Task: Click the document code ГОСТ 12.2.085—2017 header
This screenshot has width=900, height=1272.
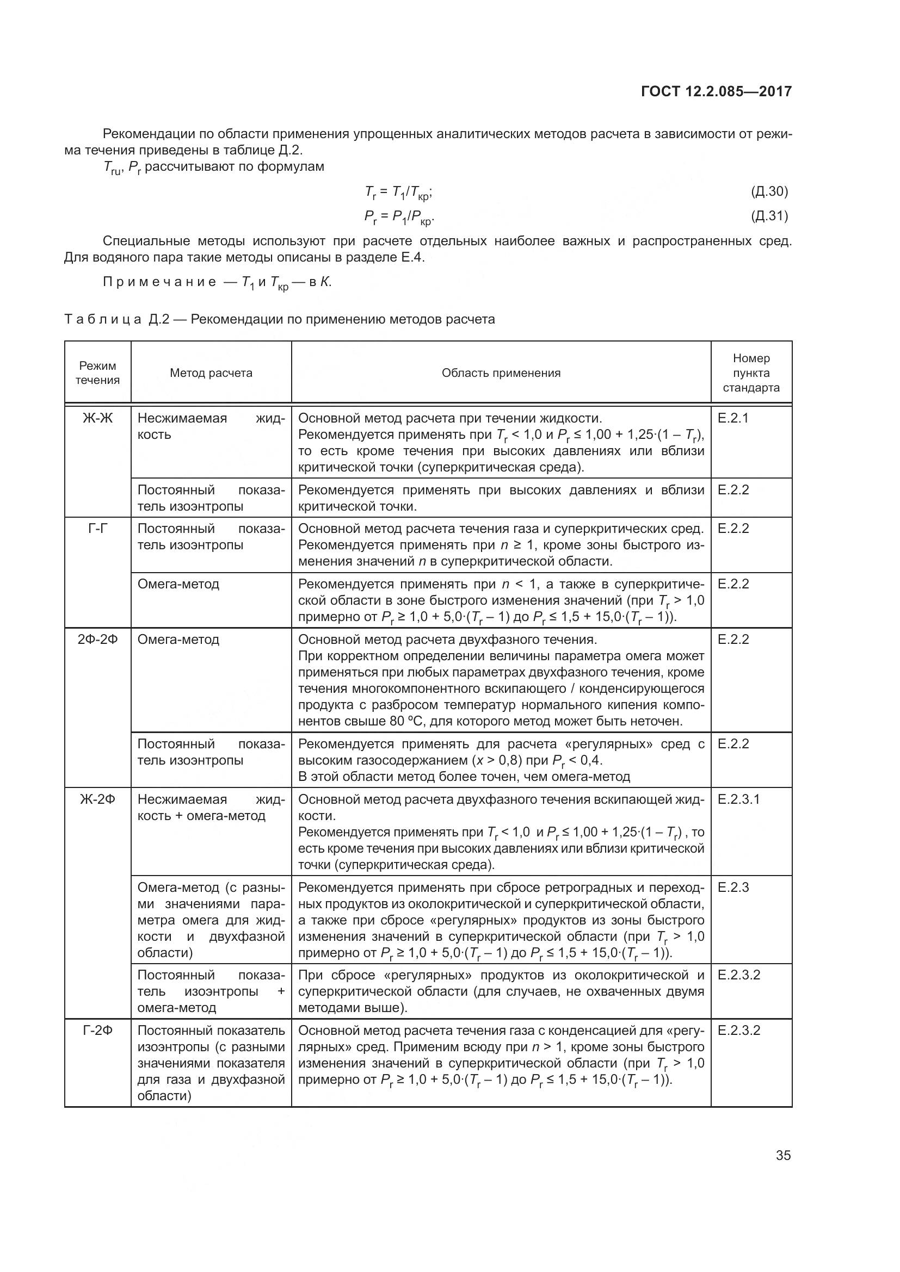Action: click(x=716, y=91)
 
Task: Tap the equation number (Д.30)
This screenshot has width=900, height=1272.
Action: click(x=769, y=191)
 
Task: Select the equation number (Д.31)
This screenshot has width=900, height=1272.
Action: click(x=769, y=215)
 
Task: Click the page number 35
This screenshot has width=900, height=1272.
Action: click(x=783, y=1156)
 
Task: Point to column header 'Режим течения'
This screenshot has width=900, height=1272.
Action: click(x=97, y=373)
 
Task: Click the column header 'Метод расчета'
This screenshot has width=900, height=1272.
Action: click(x=211, y=373)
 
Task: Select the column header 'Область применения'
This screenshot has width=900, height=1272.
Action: click(x=501, y=373)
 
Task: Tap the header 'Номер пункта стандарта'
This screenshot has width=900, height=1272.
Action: click(x=751, y=373)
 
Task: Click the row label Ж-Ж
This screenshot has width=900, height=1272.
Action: click(x=97, y=418)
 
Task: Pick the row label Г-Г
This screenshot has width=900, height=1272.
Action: click(x=97, y=529)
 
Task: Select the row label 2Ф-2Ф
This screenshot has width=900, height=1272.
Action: click(x=97, y=640)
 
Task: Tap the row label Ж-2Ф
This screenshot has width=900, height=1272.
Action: click(x=97, y=799)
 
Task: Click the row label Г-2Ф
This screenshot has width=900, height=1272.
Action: click(x=97, y=1031)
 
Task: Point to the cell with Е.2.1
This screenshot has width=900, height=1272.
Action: click(x=732, y=418)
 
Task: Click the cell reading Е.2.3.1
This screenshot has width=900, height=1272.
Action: click(x=739, y=799)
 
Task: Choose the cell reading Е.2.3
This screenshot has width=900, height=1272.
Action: click(x=733, y=888)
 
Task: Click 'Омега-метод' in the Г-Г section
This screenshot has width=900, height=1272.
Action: click(x=178, y=584)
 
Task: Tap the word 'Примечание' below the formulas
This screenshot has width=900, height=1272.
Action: click(x=159, y=282)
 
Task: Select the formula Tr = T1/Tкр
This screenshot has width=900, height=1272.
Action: click(x=398, y=192)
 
